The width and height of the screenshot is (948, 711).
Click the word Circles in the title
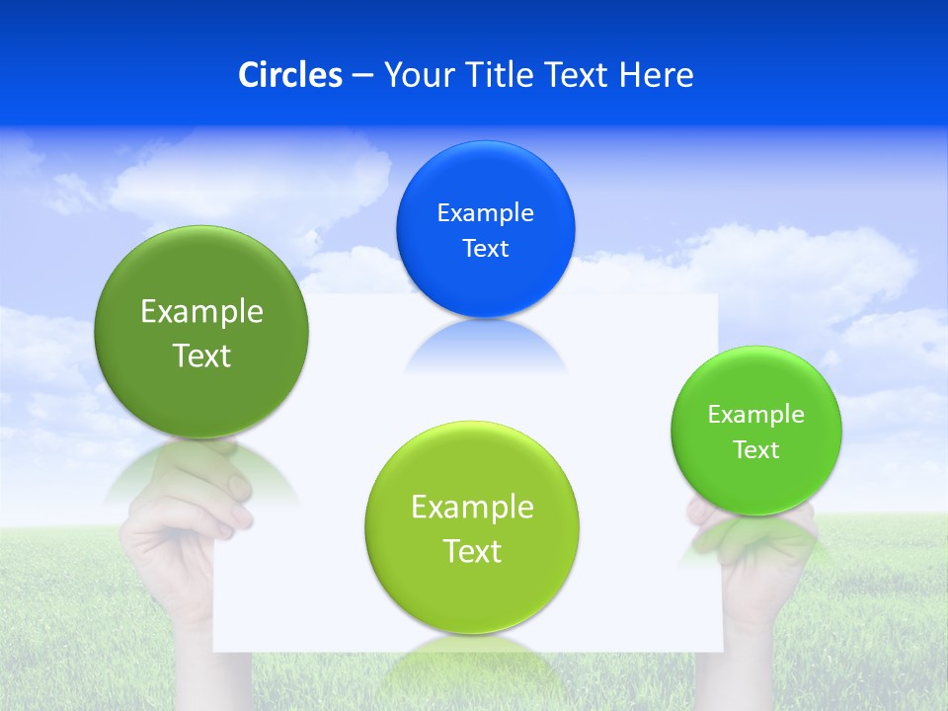point(290,75)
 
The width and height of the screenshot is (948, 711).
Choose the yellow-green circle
point(472,592)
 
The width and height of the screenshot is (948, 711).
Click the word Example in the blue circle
point(485,212)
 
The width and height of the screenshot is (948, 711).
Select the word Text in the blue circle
point(485,248)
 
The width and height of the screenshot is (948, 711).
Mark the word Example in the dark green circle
point(201,312)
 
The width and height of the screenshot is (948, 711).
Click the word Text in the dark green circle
point(201,355)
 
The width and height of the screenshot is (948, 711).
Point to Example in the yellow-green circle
point(472,508)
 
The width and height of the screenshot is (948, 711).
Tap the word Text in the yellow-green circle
point(472,551)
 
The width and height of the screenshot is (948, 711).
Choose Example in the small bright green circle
point(756,414)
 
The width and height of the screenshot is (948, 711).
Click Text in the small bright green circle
point(756,449)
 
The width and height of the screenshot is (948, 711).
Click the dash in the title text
point(362,76)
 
